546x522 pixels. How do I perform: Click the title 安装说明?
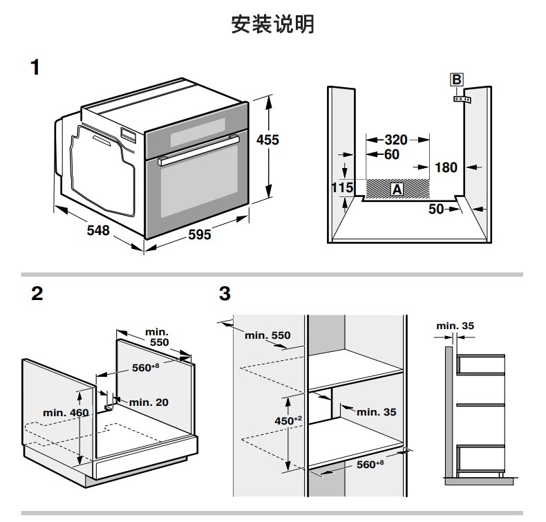[x=272, y=26]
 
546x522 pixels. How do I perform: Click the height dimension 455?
[x=267, y=140]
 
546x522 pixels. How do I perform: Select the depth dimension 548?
[x=97, y=230]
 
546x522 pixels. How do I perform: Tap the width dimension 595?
[x=199, y=235]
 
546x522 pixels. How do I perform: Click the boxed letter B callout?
[x=456, y=80]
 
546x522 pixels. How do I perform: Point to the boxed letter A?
[x=397, y=188]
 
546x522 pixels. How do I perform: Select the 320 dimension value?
[x=396, y=140]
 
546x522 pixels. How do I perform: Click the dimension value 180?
[x=446, y=167]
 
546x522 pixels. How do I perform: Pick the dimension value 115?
[x=342, y=187]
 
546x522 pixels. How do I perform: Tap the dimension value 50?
[x=436, y=208]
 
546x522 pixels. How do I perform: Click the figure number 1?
[x=36, y=68]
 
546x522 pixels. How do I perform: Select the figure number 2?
[x=37, y=294]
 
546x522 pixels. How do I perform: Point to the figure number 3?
[x=224, y=294]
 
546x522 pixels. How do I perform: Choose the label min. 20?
[x=149, y=402]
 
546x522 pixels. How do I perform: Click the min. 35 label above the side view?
[x=455, y=325]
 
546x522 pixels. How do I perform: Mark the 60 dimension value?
[x=391, y=154]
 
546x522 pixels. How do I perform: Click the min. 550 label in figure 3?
[x=267, y=335]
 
